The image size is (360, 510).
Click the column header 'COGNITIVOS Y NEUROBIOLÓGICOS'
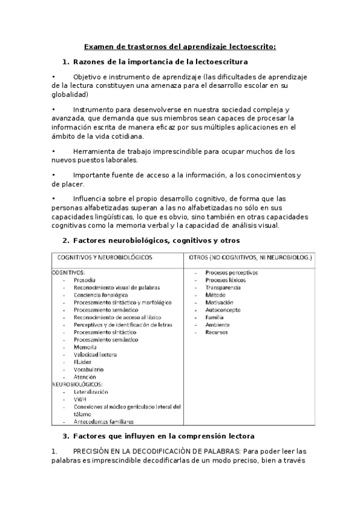pyautogui.click(x=105, y=257)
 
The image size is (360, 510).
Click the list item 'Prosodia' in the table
pyautogui.click(x=84, y=280)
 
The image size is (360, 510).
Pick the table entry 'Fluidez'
pyautogui.click(x=83, y=363)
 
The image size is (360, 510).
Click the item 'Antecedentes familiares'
pyautogui.click(x=104, y=422)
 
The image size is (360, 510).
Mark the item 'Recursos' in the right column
pyautogui.click(x=216, y=332)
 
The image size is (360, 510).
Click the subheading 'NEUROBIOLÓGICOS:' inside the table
pyautogui.click(x=78, y=384)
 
